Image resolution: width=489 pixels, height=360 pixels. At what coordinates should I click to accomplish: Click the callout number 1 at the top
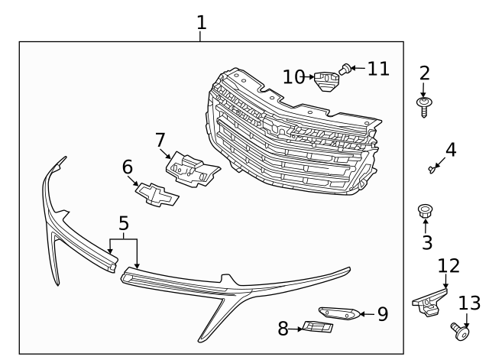click(x=201, y=22)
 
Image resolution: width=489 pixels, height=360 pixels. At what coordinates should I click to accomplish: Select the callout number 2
click(x=424, y=73)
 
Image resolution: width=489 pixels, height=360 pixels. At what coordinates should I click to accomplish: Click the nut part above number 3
click(x=424, y=210)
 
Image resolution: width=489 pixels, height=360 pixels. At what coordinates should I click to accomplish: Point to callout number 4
click(x=451, y=149)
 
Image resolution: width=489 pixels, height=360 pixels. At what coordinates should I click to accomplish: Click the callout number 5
click(x=124, y=223)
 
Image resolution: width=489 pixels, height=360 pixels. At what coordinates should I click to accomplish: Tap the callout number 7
click(x=160, y=140)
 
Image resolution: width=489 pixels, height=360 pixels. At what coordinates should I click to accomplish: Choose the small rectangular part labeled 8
click(x=318, y=328)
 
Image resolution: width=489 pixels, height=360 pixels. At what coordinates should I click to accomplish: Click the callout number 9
click(x=383, y=313)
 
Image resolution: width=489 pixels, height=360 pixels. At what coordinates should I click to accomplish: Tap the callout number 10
click(x=293, y=76)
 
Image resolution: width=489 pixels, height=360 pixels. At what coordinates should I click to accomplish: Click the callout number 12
click(x=449, y=265)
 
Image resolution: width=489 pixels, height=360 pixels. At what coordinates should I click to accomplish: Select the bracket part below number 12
click(x=430, y=300)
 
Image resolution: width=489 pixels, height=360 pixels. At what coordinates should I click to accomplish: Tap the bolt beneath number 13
click(x=461, y=331)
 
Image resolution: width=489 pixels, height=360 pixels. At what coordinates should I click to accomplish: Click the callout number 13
click(x=470, y=303)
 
